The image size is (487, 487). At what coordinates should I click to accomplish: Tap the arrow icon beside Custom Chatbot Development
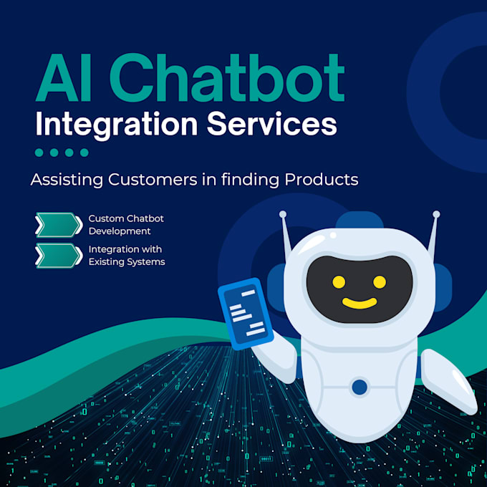58,224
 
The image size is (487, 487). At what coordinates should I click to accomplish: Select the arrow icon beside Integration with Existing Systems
58,255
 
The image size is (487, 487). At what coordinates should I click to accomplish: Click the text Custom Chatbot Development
121,224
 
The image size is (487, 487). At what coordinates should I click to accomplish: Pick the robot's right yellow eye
380,281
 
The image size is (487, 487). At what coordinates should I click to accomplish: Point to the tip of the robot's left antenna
283,213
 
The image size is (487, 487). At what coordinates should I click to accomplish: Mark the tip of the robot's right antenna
436,213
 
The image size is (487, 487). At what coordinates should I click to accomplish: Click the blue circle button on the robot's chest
360,387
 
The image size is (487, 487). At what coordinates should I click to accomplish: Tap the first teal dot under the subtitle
39,152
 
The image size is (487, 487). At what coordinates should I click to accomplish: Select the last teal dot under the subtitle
84,152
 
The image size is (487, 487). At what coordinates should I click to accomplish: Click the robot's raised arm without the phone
447,380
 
